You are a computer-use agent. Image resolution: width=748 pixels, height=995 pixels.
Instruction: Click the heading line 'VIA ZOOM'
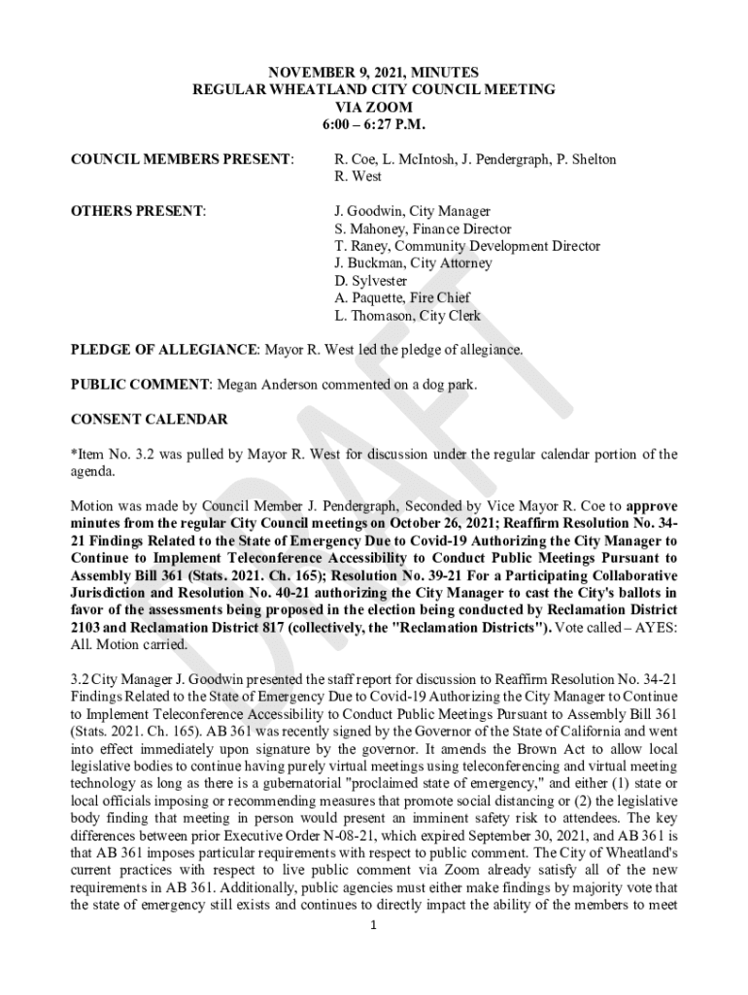pyautogui.click(x=374, y=107)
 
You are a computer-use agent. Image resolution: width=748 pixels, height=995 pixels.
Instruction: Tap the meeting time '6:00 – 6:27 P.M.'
pyautogui.click(x=374, y=124)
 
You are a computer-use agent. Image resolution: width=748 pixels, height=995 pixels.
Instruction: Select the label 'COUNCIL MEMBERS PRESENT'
pyautogui.click(x=182, y=159)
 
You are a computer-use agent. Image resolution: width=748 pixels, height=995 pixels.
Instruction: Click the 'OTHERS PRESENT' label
pyautogui.click(x=138, y=211)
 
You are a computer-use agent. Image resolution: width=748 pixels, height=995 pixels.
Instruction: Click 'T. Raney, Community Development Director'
pyautogui.click(x=467, y=247)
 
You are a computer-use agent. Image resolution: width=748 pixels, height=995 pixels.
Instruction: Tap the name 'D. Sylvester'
pyautogui.click(x=370, y=282)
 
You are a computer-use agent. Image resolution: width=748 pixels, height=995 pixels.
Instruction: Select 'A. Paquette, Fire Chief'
pyautogui.click(x=402, y=299)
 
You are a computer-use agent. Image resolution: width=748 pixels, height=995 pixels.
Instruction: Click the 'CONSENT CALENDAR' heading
pyautogui.click(x=150, y=420)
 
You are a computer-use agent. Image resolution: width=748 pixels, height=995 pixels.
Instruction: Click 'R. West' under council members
pyautogui.click(x=358, y=177)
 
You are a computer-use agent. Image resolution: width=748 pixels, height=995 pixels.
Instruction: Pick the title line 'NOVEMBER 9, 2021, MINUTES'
pyautogui.click(x=374, y=72)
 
